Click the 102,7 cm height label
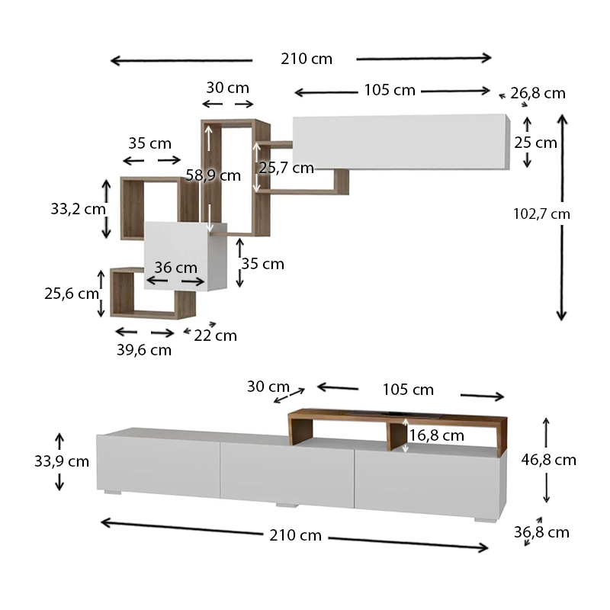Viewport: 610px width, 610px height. tap(541, 214)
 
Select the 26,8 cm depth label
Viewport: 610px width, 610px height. tap(538, 93)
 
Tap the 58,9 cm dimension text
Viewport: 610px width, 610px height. tap(213, 175)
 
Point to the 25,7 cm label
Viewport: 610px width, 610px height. tap(286, 167)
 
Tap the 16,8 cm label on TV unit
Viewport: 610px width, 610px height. tap(436, 435)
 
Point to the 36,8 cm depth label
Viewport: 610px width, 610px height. tap(541, 532)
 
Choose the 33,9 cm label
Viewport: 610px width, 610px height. tap(62, 461)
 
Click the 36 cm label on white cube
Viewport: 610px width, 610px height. tap(175, 268)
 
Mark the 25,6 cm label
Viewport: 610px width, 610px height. tap(72, 293)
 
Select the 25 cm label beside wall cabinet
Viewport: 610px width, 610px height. tap(535, 143)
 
